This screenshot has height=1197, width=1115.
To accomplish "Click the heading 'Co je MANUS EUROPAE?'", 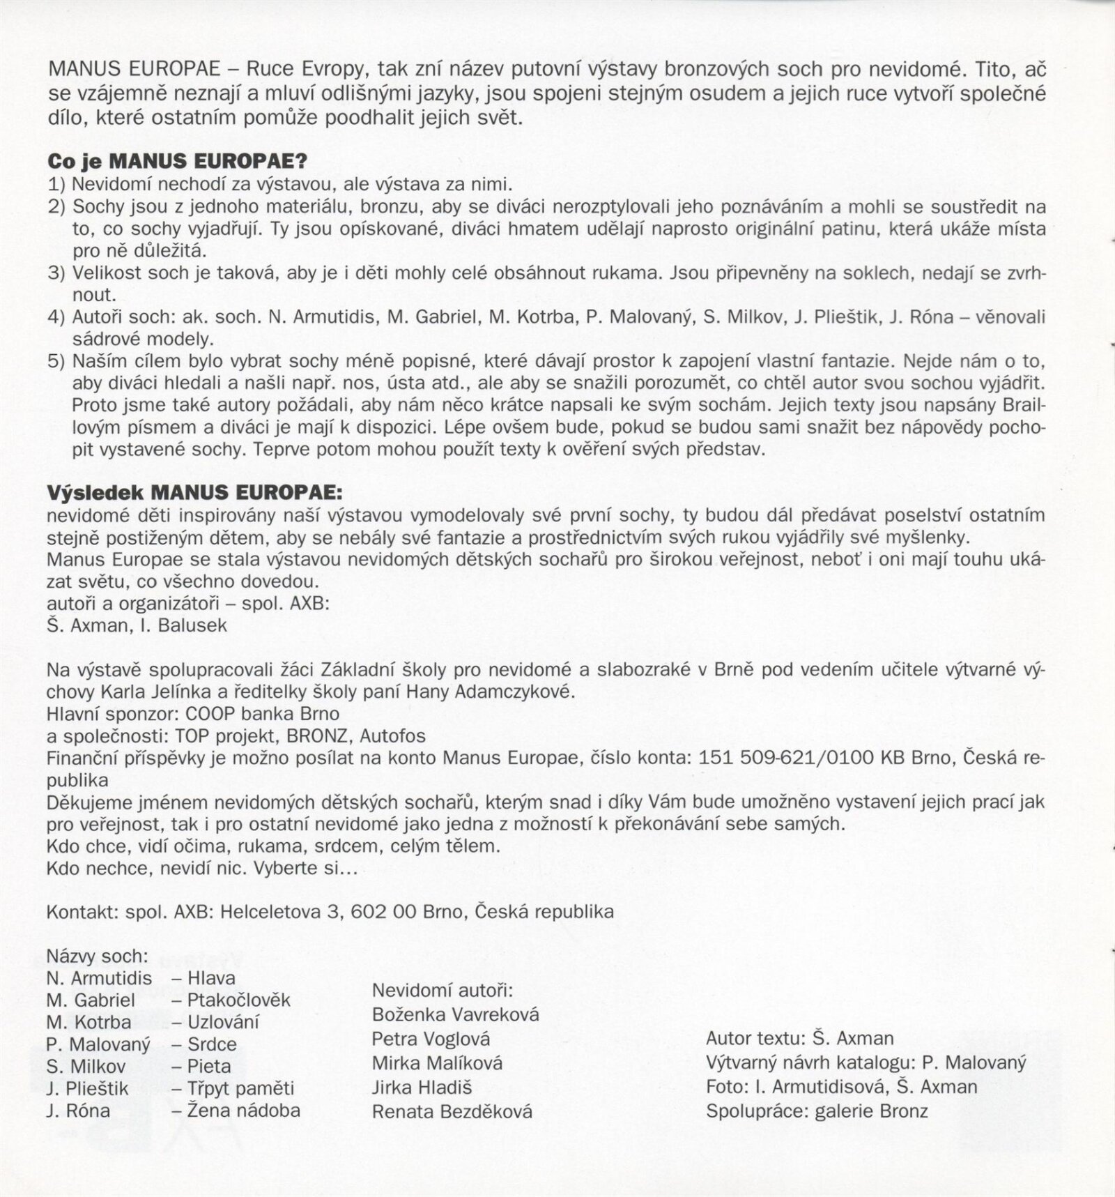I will [177, 161].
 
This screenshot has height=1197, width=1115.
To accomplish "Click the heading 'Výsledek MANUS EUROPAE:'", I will [194, 493].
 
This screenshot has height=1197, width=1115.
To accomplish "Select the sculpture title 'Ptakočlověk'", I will [238, 1000].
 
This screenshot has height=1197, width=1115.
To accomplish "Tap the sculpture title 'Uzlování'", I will [223, 1022].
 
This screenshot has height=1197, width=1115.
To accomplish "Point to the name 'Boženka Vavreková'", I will [456, 1014].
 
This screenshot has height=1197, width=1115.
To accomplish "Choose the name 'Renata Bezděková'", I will [452, 1111].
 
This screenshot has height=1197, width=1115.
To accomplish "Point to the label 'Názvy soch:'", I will [98, 956].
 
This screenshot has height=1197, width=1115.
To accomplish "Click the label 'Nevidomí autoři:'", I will [443, 990].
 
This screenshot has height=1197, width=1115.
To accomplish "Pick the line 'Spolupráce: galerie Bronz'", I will [817, 1111].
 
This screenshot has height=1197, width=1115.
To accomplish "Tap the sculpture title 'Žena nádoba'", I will [244, 1110].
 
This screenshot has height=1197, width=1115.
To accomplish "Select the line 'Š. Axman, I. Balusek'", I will [137, 625].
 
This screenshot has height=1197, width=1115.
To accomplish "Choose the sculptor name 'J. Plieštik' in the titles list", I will [87, 1088].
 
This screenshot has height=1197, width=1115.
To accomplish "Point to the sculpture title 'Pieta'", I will [209, 1066].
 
